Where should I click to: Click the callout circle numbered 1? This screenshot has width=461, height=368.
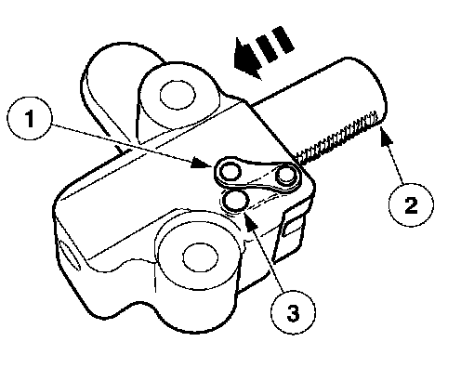pos(30,118)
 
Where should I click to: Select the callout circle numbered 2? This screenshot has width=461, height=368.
pos(411,205)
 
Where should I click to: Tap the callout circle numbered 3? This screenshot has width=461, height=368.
pos(294,312)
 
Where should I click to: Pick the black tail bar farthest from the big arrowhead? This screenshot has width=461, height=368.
pos(283,39)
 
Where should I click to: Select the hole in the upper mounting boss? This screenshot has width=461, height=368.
pos(178,95)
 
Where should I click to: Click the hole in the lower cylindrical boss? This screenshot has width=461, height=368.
pos(201,257)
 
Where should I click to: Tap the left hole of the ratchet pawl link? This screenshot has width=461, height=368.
pos(230,172)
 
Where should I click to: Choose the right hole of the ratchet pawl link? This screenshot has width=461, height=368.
pos(286,176)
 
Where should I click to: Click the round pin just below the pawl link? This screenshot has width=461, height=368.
pos(235,202)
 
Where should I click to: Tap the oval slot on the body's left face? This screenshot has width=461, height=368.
pos(70,253)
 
